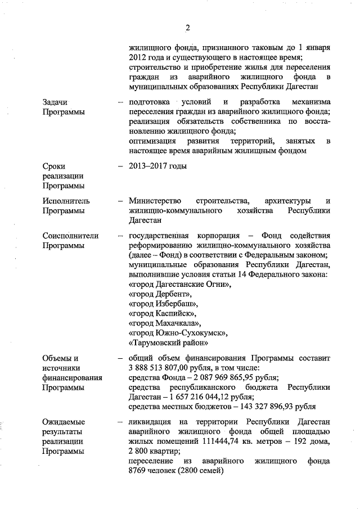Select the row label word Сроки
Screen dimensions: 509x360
(x=54, y=166)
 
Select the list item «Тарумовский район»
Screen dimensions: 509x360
(x=169, y=343)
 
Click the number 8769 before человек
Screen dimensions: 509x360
(x=137, y=471)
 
